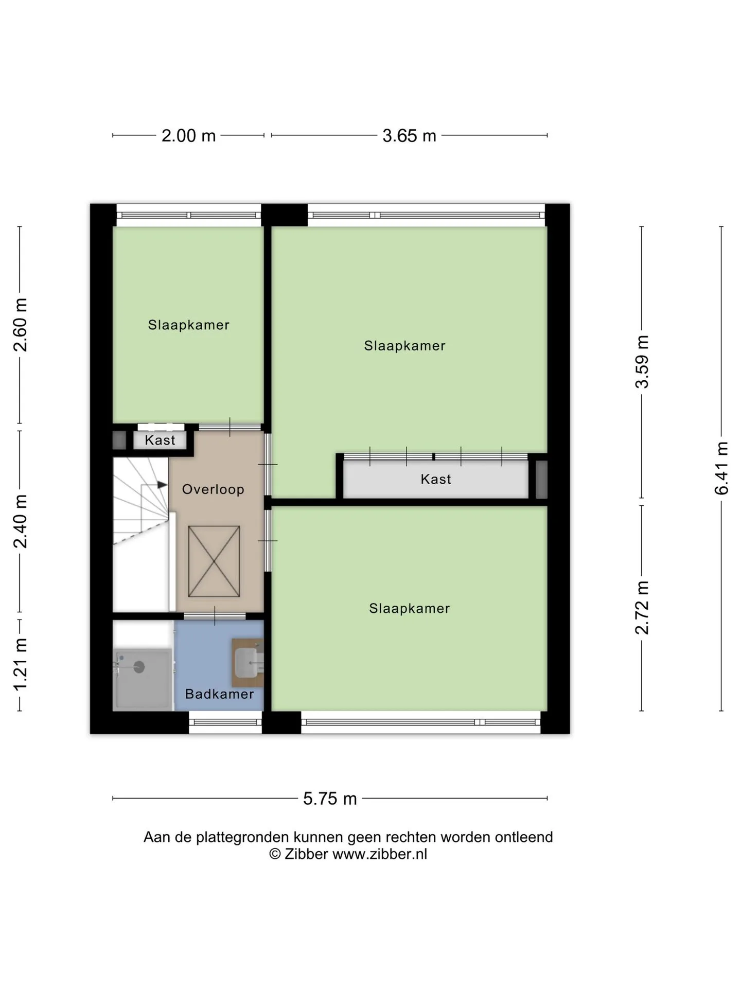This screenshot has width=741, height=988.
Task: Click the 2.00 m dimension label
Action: [x=188, y=136]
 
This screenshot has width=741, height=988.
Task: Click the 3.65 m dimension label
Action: [x=409, y=136]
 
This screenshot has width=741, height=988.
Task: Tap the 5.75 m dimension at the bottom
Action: [x=330, y=799]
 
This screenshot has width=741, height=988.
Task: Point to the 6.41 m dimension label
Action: [x=721, y=468]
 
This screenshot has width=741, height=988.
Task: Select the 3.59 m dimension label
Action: [x=642, y=362]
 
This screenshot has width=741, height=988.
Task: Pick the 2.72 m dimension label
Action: [x=642, y=608]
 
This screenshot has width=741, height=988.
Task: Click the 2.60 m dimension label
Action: [x=21, y=325]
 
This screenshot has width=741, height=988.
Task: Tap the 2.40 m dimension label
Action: [x=21, y=521]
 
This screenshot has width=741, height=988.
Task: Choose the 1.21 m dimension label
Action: [x=21, y=664]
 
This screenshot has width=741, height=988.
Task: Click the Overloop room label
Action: [x=213, y=489]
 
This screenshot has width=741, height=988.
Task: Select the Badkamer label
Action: [x=220, y=694]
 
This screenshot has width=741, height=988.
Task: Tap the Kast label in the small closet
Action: [x=160, y=440]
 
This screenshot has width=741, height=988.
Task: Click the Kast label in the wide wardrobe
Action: [x=436, y=480]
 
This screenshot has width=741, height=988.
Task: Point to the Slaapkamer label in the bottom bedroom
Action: [x=410, y=609]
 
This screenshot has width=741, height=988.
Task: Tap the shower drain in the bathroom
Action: [x=139, y=667]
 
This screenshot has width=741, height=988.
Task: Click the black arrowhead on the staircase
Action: [x=162, y=485]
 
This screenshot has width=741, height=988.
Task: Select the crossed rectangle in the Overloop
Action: [x=214, y=561]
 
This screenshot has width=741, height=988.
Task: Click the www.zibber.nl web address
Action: [x=380, y=855]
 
